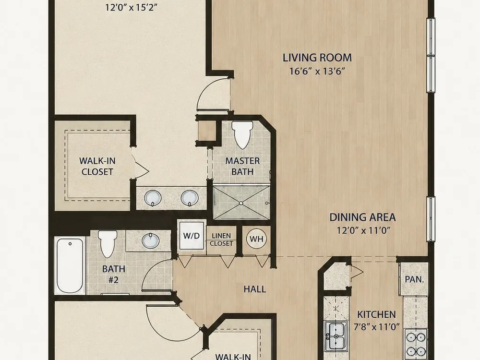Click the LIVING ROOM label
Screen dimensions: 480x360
pyautogui.click(x=317, y=58)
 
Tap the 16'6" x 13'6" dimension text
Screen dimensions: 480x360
pyautogui.click(x=317, y=72)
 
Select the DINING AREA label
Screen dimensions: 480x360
pyautogui.click(x=362, y=217)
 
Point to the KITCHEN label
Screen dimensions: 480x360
pyautogui.click(x=376, y=314)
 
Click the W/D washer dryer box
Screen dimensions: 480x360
pyautogui.click(x=192, y=236)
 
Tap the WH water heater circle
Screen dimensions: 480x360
pyautogui.click(x=256, y=239)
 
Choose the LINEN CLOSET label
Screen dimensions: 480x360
pyautogui.click(x=221, y=240)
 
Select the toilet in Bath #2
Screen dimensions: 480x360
pyautogui.click(x=108, y=244)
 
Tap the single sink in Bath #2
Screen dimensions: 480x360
pyautogui.click(x=150, y=240)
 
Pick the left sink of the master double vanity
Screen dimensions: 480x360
pyautogui.click(x=153, y=198)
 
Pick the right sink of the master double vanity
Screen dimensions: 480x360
pyautogui.click(x=190, y=198)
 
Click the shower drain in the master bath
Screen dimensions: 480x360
pyautogui.click(x=241, y=203)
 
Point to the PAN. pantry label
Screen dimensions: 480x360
pyautogui.click(x=414, y=279)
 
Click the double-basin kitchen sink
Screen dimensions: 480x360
pyautogui.click(x=336, y=336)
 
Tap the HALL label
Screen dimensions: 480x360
pyautogui.click(x=255, y=289)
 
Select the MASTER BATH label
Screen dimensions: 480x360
pyautogui.click(x=242, y=166)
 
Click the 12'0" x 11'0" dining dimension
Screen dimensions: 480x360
pyautogui.click(x=364, y=230)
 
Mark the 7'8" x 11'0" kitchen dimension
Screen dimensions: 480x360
pyautogui.click(x=376, y=327)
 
